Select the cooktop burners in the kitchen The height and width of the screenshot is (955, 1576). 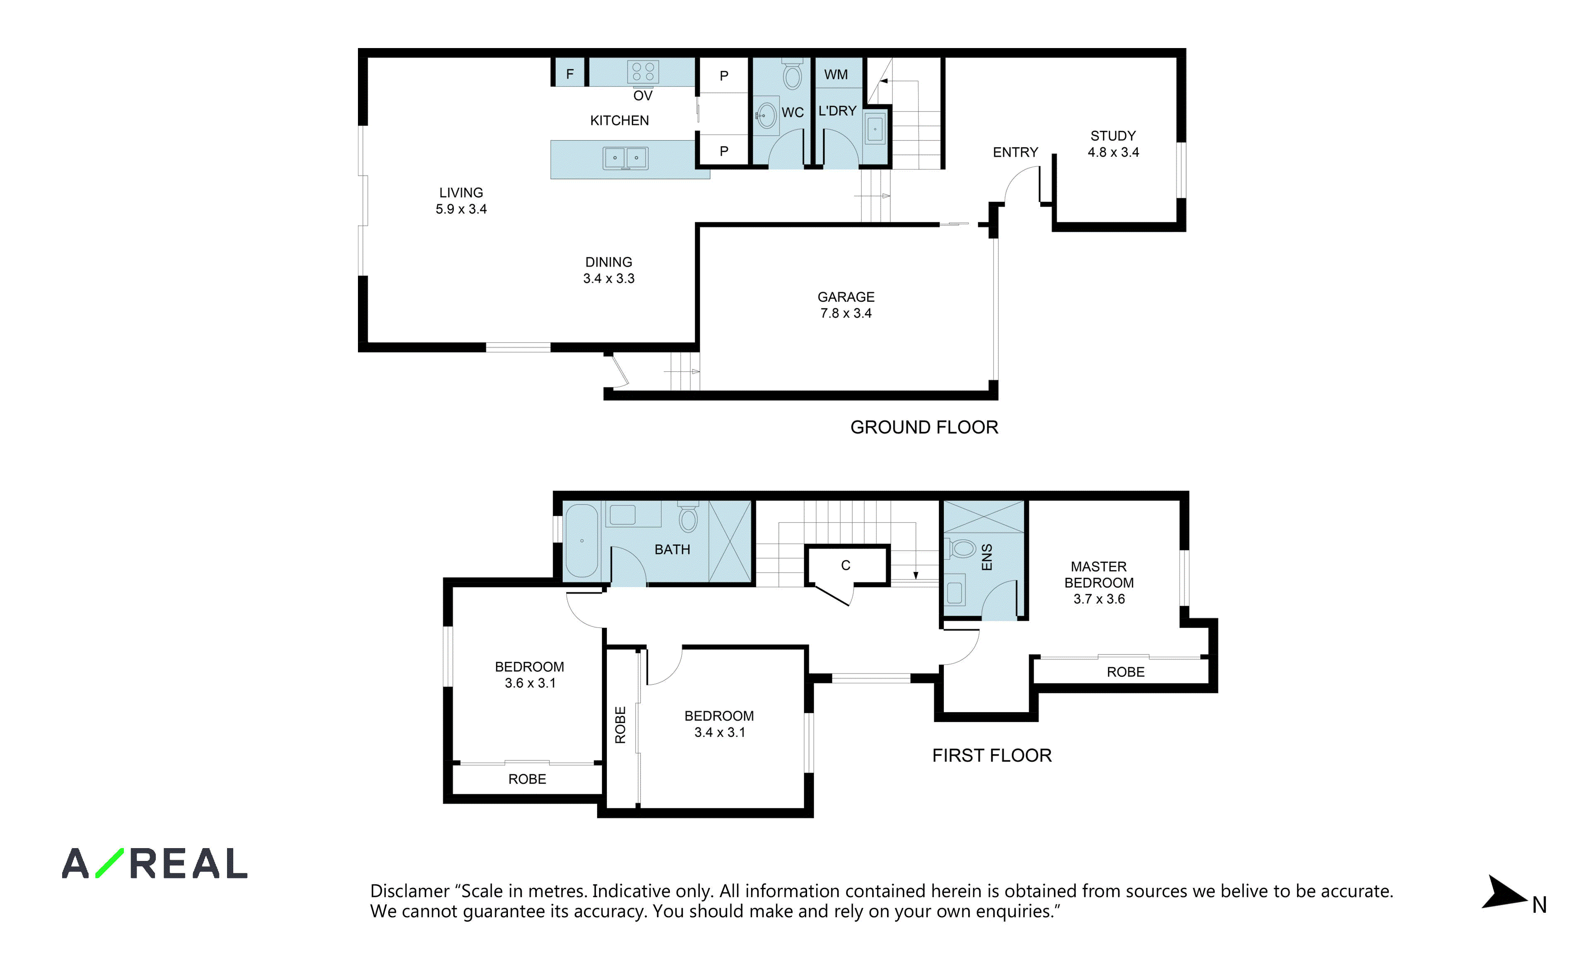(x=643, y=72)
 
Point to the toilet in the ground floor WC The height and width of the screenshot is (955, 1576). (x=793, y=74)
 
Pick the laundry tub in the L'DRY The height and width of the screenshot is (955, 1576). (x=875, y=128)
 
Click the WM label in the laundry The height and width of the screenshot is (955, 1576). (x=835, y=75)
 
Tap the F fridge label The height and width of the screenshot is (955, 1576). (x=570, y=74)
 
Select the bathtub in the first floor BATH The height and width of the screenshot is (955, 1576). (x=581, y=541)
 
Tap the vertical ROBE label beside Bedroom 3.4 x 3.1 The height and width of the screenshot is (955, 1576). (x=620, y=725)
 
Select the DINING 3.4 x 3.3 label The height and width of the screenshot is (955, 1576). (x=608, y=270)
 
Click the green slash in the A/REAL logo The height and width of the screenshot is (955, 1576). (x=109, y=863)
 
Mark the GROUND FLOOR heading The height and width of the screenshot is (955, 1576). (x=924, y=427)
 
